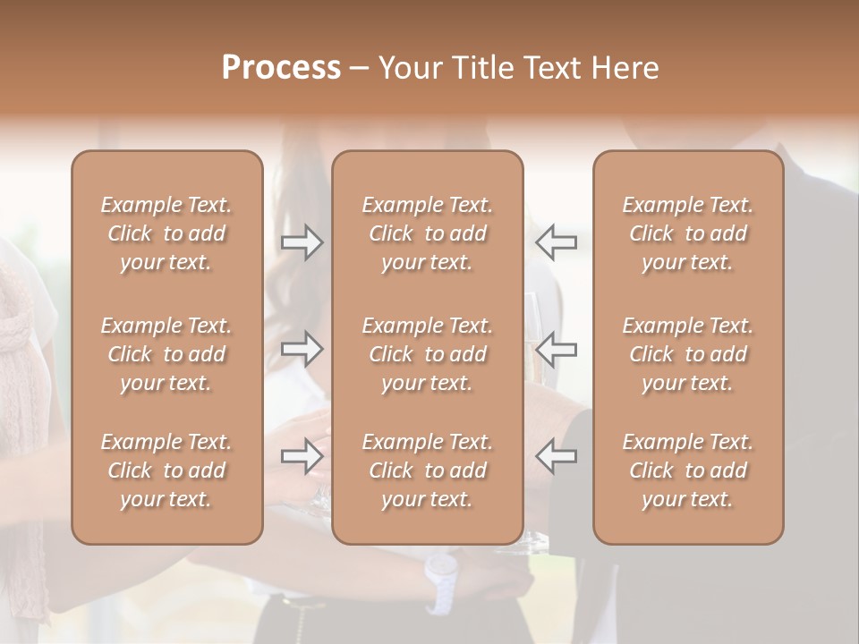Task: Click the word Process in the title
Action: tap(281, 68)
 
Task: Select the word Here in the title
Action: tap(625, 68)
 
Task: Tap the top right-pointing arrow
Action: tap(302, 241)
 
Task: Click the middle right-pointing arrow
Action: tap(302, 349)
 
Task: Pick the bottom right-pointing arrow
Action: tap(302, 456)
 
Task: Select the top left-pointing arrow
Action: tap(556, 241)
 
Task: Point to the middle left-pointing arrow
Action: tap(556, 349)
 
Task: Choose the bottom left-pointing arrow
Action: tap(556, 456)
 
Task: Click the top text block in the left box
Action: tap(166, 233)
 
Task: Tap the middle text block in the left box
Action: tap(166, 354)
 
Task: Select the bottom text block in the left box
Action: tap(166, 470)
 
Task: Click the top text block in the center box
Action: tap(427, 233)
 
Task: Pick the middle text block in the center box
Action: tap(427, 354)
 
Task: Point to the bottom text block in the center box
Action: tap(427, 470)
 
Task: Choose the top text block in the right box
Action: tap(687, 233)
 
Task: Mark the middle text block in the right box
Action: tap(687, 354)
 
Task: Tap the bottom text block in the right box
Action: tap(687, 470)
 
